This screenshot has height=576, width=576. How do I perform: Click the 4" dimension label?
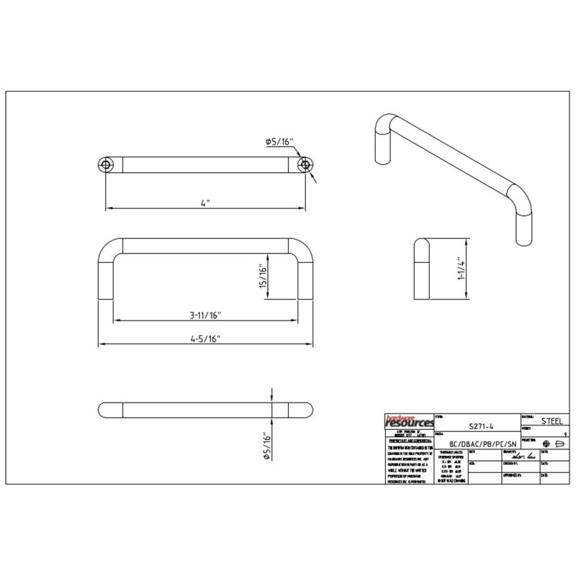[204, 203]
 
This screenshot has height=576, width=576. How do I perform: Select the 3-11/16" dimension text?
[204, 315]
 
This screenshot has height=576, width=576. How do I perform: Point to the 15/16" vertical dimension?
[264, 274]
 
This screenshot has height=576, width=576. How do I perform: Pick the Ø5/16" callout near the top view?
[279, 142]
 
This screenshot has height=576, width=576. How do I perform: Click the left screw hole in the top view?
[106, 165]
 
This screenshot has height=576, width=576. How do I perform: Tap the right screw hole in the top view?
[307, 165]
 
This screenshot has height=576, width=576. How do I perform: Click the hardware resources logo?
[407, 420]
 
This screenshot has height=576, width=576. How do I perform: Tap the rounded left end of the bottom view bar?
[103, 409]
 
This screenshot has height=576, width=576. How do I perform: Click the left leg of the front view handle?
[106, 277]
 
